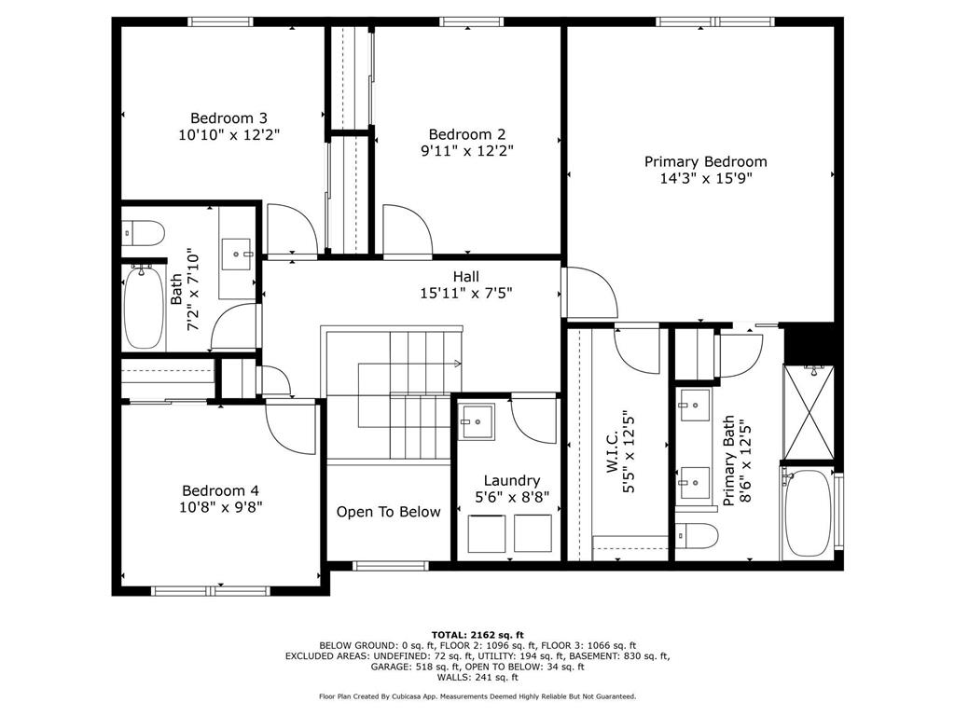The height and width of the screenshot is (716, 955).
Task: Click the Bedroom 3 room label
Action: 228,118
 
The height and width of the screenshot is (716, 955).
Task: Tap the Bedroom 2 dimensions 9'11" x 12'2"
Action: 466,149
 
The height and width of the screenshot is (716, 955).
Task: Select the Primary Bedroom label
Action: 705,161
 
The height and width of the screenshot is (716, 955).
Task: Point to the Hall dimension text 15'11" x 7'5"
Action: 465,293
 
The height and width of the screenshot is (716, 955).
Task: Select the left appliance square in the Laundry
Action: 486,532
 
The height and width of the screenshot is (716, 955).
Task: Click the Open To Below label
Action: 388,512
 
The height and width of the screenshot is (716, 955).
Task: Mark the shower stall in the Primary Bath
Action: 808,413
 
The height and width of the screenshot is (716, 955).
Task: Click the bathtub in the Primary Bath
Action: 808,514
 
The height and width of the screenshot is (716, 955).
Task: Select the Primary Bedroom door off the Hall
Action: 589,294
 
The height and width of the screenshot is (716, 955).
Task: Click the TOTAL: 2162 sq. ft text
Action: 477,633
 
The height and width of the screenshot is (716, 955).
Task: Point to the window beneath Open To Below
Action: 390,565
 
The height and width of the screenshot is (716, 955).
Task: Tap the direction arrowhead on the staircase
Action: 458,363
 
